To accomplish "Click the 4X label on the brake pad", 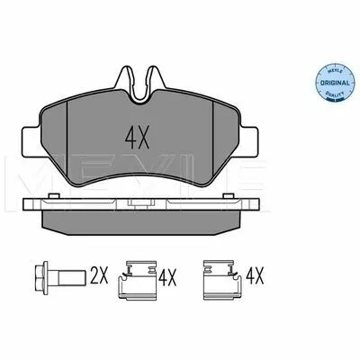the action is [x=137, y=139].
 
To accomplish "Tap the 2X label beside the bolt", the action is [x=99, y=276].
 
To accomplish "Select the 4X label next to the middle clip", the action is [x=167, y=277].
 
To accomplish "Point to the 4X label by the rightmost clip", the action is [x=255, y=276].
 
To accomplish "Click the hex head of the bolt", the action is [x=41, y=277].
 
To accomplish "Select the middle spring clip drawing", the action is [x=138, y=280].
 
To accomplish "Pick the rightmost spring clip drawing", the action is [x=222, y=280].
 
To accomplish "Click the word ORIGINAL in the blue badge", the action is [x=335, y=83].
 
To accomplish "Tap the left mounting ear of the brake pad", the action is [x=31, y=141].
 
